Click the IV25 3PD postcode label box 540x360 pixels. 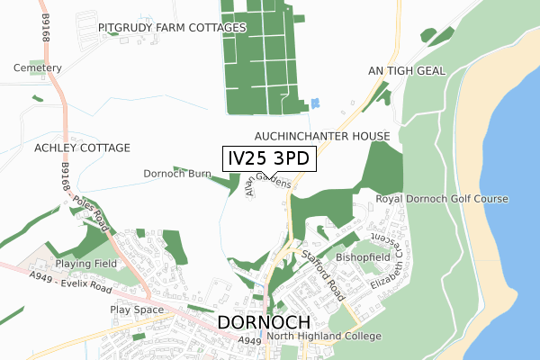269,158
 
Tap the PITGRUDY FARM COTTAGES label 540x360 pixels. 172,28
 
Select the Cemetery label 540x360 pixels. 38,68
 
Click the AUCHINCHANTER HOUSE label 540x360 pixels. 321,135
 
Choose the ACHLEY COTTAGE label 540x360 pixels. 82,148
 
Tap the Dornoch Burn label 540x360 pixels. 176,173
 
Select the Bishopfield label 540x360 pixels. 362,257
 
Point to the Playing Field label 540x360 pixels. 87,264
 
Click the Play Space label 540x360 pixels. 137,310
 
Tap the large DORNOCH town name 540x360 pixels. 264,324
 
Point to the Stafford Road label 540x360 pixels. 324,263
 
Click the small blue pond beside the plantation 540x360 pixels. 314,104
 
